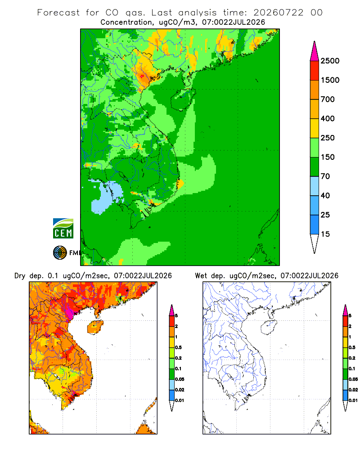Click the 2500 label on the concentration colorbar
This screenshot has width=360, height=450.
(330, 61)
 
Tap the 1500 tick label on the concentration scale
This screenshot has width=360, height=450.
(330, 80)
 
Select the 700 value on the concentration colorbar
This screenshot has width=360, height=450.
(328, 99)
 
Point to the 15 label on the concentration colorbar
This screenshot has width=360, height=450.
(325, 234)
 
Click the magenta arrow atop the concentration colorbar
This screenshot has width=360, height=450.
(315, 52)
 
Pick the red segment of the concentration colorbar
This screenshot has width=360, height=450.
(315, 71)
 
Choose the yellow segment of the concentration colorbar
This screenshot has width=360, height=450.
(315, 128)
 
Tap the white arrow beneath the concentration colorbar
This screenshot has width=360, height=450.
(315, 243)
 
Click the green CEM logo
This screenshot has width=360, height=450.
(63, 229)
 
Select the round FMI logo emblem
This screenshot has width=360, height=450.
(60, 253)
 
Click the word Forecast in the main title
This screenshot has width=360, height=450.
(58, 13)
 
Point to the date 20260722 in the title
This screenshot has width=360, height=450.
(278, 13)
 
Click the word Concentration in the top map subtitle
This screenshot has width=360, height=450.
(126, 22)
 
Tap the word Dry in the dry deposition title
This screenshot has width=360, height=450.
(20, 276)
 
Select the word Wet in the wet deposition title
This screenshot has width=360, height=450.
(201, 276)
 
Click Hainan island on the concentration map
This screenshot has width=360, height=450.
(183, 99)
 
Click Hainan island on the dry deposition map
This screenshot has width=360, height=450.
(95, 328)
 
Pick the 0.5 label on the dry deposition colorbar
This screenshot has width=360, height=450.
(178, 347)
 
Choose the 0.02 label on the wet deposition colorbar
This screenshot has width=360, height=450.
(353, 390)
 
